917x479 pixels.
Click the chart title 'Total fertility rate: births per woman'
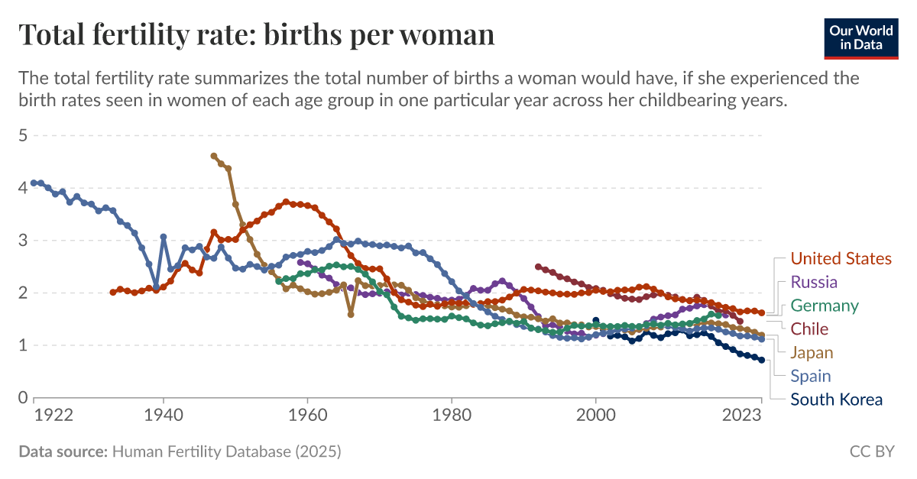(x=256, y=35)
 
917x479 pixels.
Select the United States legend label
(x=841, y=258)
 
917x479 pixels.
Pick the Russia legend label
(x=814, y=282)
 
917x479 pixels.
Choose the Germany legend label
(x=825, y=306)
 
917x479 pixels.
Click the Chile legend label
(x=809, y=329)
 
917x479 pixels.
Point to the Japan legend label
(x=812, y=352)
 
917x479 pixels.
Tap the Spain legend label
(x=811, y=376)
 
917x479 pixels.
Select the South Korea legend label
(x=836, y=400)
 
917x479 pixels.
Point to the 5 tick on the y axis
(x=23, y=135)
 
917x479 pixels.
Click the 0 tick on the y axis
(x=23, y=398)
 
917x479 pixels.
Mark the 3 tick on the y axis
(x=23, y=241)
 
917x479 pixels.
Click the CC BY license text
(x=871, y=452)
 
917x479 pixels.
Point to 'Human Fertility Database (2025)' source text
(x=226, y=452)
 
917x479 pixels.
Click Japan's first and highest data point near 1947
(x=214, y=156)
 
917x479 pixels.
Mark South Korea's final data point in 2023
(x=761, y=361)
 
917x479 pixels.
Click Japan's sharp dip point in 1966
(x=351, y=314)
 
